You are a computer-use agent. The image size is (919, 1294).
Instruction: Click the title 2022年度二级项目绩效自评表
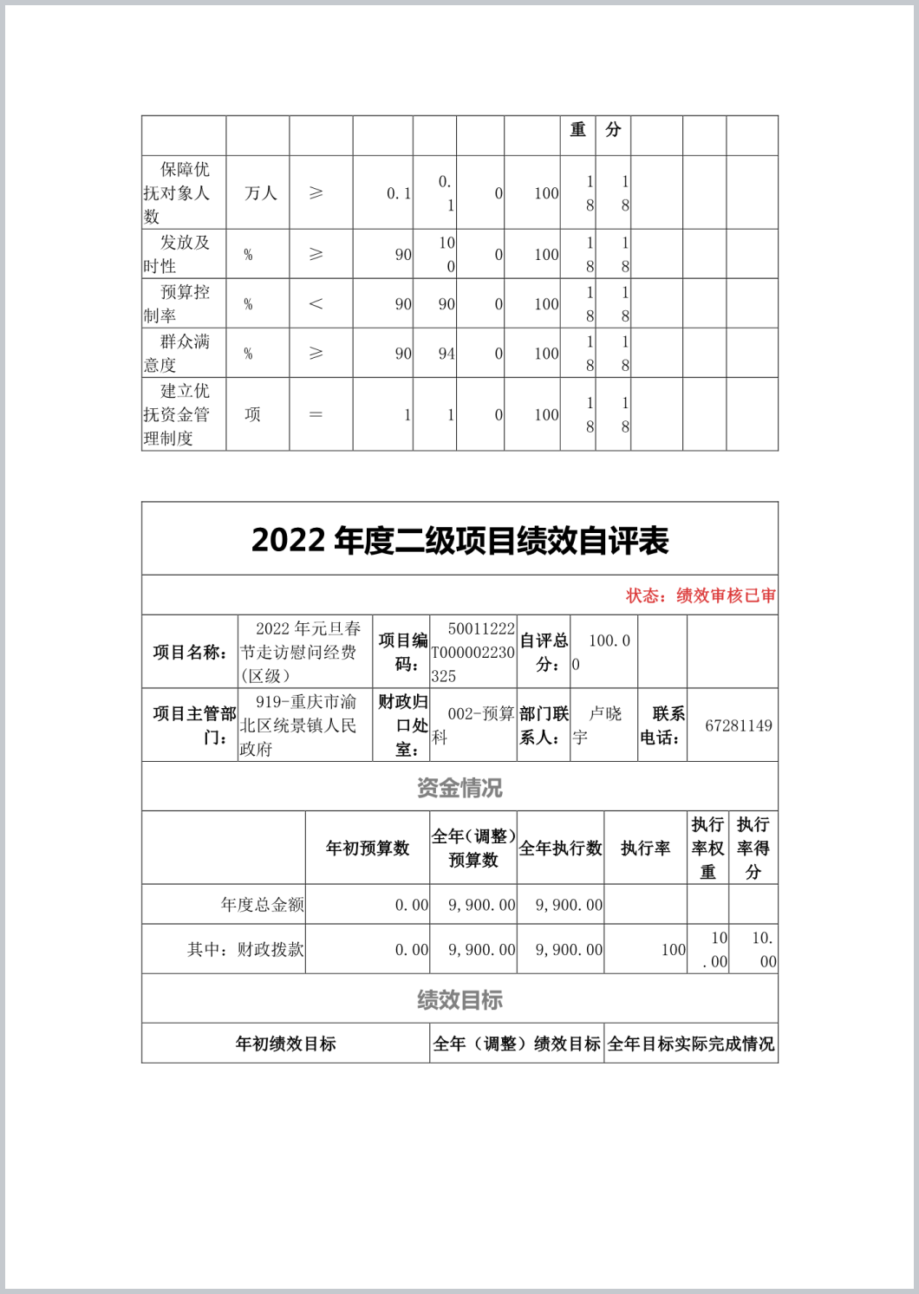tap(459, 540)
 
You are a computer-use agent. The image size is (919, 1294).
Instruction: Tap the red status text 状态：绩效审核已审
tap(701, 595)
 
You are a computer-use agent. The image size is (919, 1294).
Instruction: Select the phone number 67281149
tap(738, 725)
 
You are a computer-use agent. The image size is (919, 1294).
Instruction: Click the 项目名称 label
tap(190, 652)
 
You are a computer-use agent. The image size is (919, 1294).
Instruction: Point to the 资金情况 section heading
tap(459, 787)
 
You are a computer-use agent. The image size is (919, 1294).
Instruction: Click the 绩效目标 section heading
tap(459, 999)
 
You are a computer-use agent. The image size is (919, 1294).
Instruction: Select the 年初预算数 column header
tap(367, 848)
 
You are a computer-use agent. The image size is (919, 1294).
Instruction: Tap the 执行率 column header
tap(645, 848)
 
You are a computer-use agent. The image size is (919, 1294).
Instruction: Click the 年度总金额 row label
tap(262, 904)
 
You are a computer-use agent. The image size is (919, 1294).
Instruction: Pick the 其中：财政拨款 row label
tap(245, 949)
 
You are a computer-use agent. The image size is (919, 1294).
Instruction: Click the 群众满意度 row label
tap(177, 353)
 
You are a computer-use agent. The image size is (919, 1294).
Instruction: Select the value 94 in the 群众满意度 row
tap(446, 354)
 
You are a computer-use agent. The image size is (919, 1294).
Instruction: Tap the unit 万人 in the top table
tap(260, 192)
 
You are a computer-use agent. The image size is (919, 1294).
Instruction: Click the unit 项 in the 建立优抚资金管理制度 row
tap(252, 414)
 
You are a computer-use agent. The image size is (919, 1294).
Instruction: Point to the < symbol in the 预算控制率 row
tap(316, 303)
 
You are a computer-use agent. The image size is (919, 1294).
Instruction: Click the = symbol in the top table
tap(316, 414)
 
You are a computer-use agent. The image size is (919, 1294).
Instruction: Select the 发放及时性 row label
tap(177, 254)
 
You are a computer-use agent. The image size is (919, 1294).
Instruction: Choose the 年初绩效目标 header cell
tap(285, 1044)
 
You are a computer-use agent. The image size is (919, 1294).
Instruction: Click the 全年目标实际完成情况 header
tap(690, 1044)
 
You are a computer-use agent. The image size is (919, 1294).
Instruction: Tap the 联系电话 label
tap(662, 725)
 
